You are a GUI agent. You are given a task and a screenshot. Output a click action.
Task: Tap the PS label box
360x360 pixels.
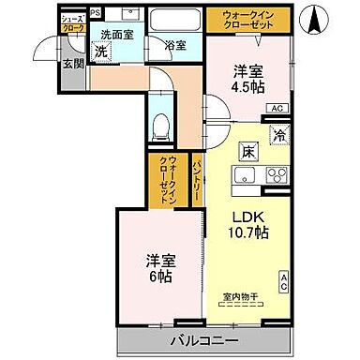(x=96, y=13)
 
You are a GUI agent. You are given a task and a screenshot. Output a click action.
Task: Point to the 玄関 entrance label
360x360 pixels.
(x=70, y=64)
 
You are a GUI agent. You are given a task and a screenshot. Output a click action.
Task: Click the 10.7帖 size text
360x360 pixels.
(x=250, y=232)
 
